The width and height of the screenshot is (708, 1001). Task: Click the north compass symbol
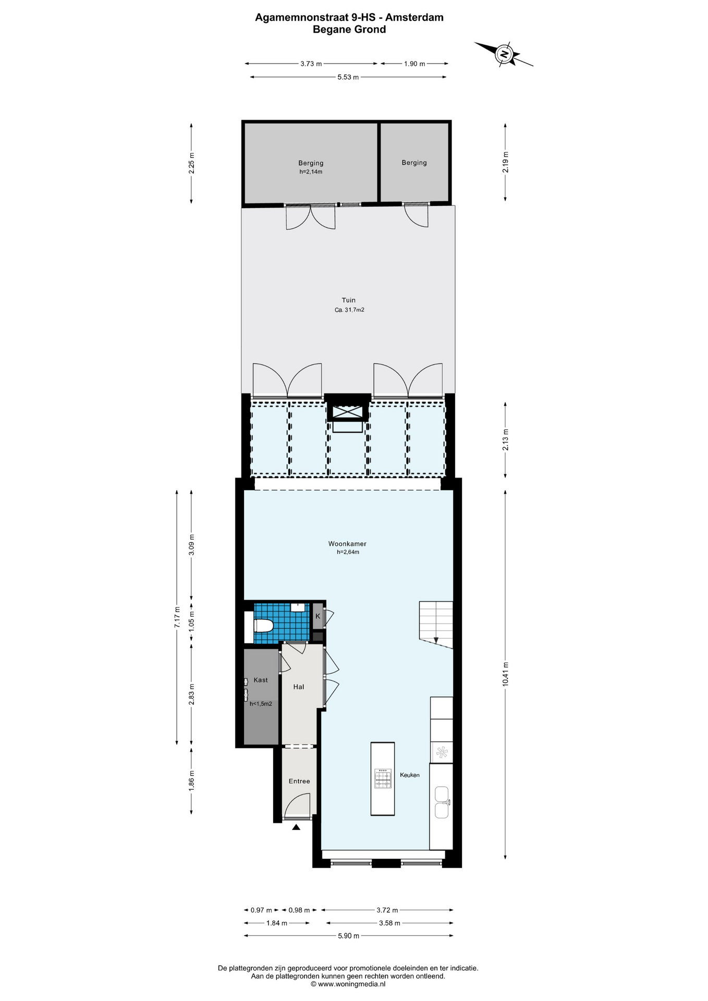[504, 54]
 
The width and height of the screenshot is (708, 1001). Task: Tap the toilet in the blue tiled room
[263, 626]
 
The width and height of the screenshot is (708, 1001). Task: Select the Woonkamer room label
[347, 544]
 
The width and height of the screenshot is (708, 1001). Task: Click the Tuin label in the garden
[349, 300]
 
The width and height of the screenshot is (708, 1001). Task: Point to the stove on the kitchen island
[383, 778]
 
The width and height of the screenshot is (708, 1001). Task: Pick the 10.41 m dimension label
[505, 674]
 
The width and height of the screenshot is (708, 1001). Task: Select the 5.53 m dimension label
[348, 77]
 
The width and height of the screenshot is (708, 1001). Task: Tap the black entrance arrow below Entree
[296, 827]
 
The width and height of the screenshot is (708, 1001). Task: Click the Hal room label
[299, 687]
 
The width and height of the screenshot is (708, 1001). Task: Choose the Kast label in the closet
[261, 680]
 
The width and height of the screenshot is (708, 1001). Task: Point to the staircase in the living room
[436, 625]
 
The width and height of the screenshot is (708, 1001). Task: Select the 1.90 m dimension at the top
[414, 64]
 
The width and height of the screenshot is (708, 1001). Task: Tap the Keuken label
[410, 775]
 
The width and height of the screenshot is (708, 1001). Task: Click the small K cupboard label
[318, 616]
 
